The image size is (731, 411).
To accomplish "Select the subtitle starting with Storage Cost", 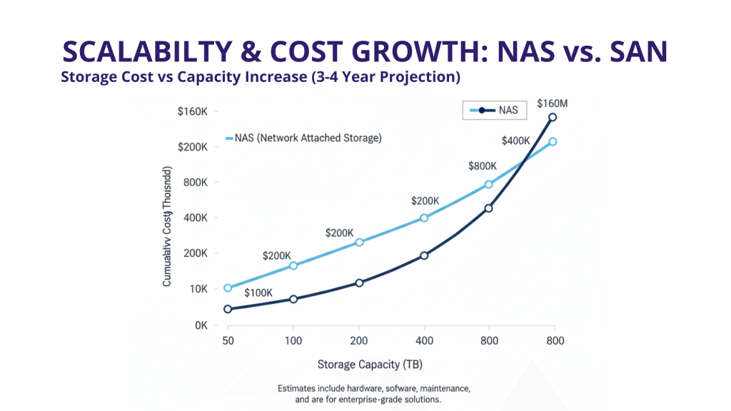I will [x=260, y=77].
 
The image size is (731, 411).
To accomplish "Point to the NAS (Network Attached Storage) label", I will [x=303, y=138].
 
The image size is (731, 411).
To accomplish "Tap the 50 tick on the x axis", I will [x=228, y=341].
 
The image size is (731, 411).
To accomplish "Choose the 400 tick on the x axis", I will [x=423, y=341].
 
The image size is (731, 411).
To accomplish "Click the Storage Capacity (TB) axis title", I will [x=370, y=365].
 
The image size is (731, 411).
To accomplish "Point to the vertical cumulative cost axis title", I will [x=167, y=227].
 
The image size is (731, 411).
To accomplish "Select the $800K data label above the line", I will [x=483, y=166].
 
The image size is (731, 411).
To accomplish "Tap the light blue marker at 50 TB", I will [x=228, y=288].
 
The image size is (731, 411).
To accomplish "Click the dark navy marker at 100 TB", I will [x=293, y=299].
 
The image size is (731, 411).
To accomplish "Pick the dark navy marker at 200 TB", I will [x=359, y=283].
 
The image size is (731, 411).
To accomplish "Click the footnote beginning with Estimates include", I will [x=373, y=394].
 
